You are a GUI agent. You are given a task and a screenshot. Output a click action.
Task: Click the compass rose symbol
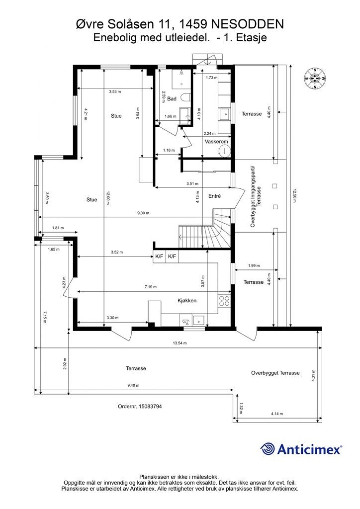point(315,78)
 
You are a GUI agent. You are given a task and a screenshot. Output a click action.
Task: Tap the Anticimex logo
point(301,449)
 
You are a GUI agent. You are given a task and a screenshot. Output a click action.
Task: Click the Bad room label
point(172,98)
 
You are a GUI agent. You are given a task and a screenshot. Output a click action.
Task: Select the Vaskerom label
point(216,142)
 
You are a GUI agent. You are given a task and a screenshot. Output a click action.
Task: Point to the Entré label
point(215,196)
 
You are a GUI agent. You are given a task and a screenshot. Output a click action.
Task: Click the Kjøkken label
point(187,301)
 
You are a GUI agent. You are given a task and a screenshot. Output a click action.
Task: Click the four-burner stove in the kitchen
point(224,301)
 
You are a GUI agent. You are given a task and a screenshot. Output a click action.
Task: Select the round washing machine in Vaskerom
point(223,151)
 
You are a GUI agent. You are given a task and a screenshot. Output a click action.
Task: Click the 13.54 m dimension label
point(180,343)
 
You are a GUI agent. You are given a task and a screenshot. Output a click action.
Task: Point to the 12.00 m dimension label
point(108,198)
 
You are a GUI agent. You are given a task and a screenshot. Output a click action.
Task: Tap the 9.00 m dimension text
point(143,213)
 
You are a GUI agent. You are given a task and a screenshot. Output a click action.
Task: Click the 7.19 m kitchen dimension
point(150,287)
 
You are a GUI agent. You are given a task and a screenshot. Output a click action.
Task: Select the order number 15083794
point(140,406)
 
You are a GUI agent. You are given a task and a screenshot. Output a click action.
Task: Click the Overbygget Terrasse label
point(275,373)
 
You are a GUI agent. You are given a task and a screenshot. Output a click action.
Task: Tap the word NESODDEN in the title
point(248,24)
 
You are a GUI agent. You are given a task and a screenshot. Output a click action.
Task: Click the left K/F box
point(160,256)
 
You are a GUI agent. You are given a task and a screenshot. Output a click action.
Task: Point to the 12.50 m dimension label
point(294,196)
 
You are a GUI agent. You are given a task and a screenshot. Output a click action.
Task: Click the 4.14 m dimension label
point(277,414)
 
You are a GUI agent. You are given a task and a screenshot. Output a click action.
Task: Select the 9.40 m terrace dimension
point(133,385)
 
